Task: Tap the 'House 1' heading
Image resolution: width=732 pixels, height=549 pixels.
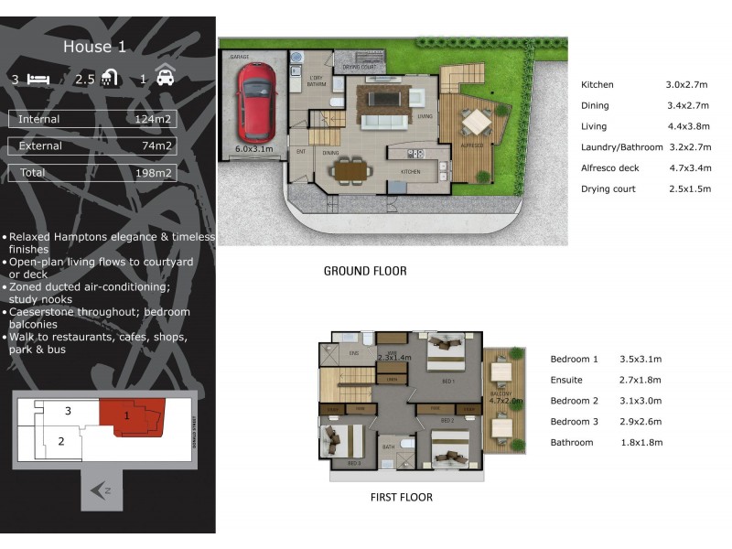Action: tap(94, 47)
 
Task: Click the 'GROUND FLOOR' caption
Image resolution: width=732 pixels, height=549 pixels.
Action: tap(365, 271)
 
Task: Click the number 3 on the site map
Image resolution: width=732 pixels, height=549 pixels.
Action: tap(68, 412)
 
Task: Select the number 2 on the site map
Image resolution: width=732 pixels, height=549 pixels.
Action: tap(61, 441)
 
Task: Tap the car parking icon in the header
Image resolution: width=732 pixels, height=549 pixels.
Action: tap(165, 78)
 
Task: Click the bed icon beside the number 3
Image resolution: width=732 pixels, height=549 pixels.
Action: tap(38, 79)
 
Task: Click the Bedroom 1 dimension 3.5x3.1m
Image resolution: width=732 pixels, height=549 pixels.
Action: tap(640, 360)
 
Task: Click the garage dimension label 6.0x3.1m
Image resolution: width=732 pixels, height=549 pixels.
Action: tap(254, 147)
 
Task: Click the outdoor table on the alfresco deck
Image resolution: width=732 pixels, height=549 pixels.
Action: tap(476, 121)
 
